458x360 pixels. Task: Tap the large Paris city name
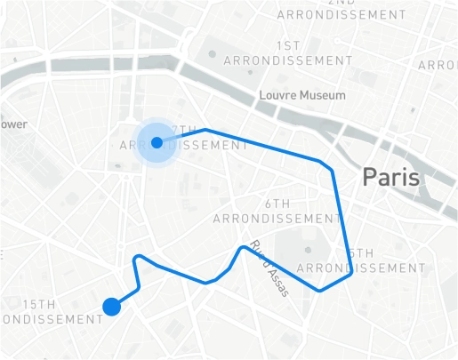(390, 177)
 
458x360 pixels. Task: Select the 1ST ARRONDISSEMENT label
(287, 52)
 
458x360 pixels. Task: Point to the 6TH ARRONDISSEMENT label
(277, 211)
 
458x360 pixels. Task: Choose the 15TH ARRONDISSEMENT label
(49, 312)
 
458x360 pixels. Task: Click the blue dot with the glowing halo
(157, 142)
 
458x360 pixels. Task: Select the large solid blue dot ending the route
(111, 307)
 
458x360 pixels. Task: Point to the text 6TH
(277, 204)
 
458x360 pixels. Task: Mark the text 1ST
(287, 45)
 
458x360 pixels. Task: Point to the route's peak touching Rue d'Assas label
(244, 247)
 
